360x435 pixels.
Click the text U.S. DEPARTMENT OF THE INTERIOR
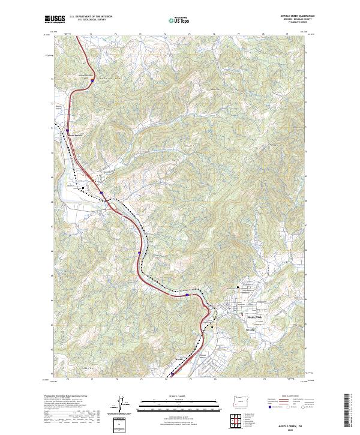point(90,16)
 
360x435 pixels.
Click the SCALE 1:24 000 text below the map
point(179,396)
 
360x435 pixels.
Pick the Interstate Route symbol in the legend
point(267,408)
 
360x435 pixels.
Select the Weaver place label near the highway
point(178,360)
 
